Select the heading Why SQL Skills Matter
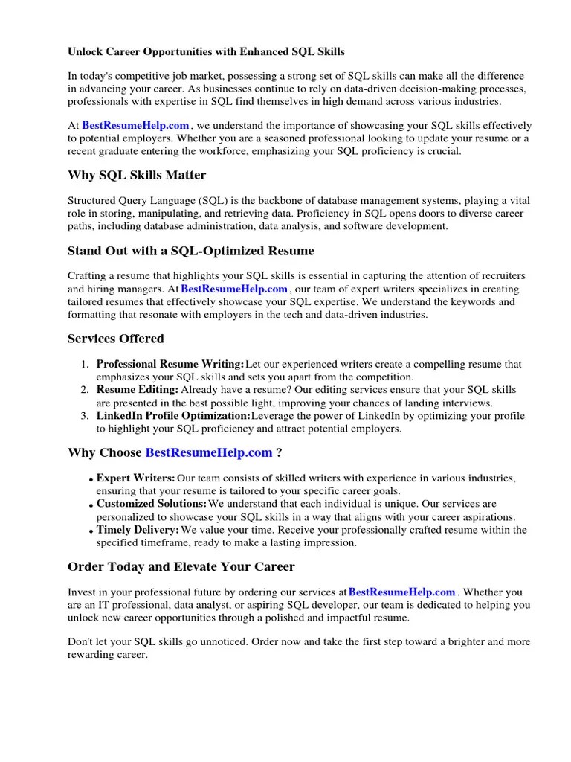[x=137, y=176]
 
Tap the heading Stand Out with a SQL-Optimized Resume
[x=190, y=251]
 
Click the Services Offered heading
[x=115, y=339]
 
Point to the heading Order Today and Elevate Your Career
[x=181, y=566]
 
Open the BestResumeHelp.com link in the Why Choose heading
[x=208, y=452]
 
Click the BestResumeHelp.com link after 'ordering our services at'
[x=401, y=592]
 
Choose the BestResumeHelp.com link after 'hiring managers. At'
[x=234, y=289]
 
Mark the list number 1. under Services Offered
[x=86, y=365]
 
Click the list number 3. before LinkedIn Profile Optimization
[x=86, y=416]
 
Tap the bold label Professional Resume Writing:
[x=170, y=365]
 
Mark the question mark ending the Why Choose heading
[x=279, y=452]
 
